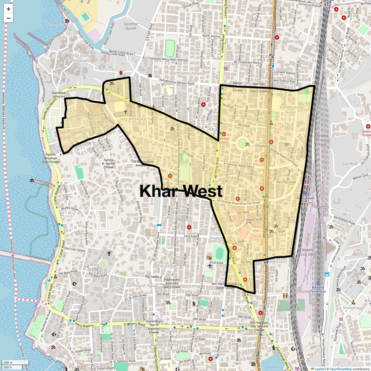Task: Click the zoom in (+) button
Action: point(8,9)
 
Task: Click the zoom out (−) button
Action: point(8,18)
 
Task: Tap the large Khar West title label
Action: point(181,191)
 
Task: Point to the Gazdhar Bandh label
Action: point(131,26)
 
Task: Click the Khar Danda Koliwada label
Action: point(81,58)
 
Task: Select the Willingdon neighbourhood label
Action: point(295,41)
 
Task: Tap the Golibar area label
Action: point(350,164)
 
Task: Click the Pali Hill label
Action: point(118,244)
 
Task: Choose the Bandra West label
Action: point(164,345)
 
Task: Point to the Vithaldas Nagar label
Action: point(188,73)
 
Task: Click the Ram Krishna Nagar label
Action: point(291,110)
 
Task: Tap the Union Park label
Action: point(80,138)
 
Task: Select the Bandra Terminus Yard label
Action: point(323,140)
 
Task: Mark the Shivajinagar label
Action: point(353,308)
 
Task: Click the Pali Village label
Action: point(167,266)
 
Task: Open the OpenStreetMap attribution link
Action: point(341,369)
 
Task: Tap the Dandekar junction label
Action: point(58,94)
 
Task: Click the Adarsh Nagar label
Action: point(145,286)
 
